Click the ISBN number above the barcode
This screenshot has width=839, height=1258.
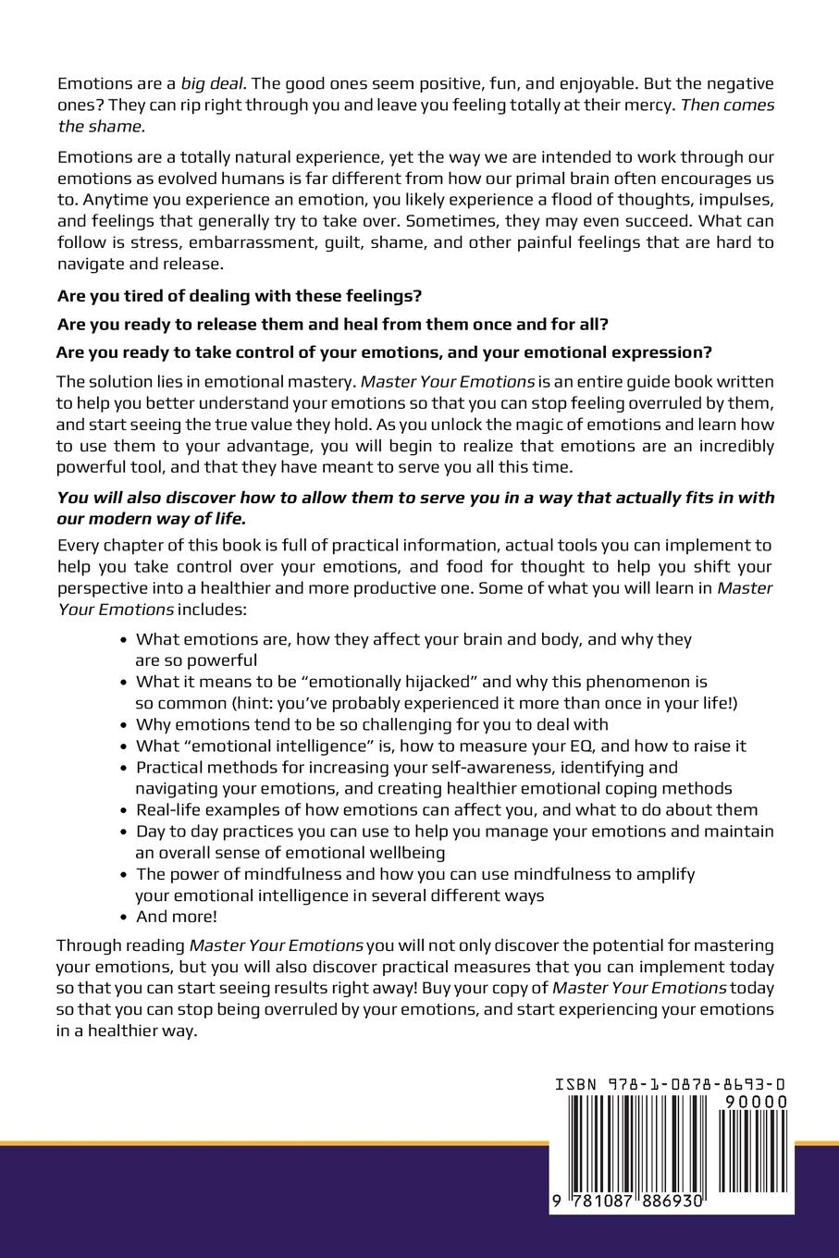[x=672, y=1084]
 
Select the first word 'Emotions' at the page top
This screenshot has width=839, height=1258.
[x=90, y=83]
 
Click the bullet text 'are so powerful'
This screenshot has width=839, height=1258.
[x=196, y=660]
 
